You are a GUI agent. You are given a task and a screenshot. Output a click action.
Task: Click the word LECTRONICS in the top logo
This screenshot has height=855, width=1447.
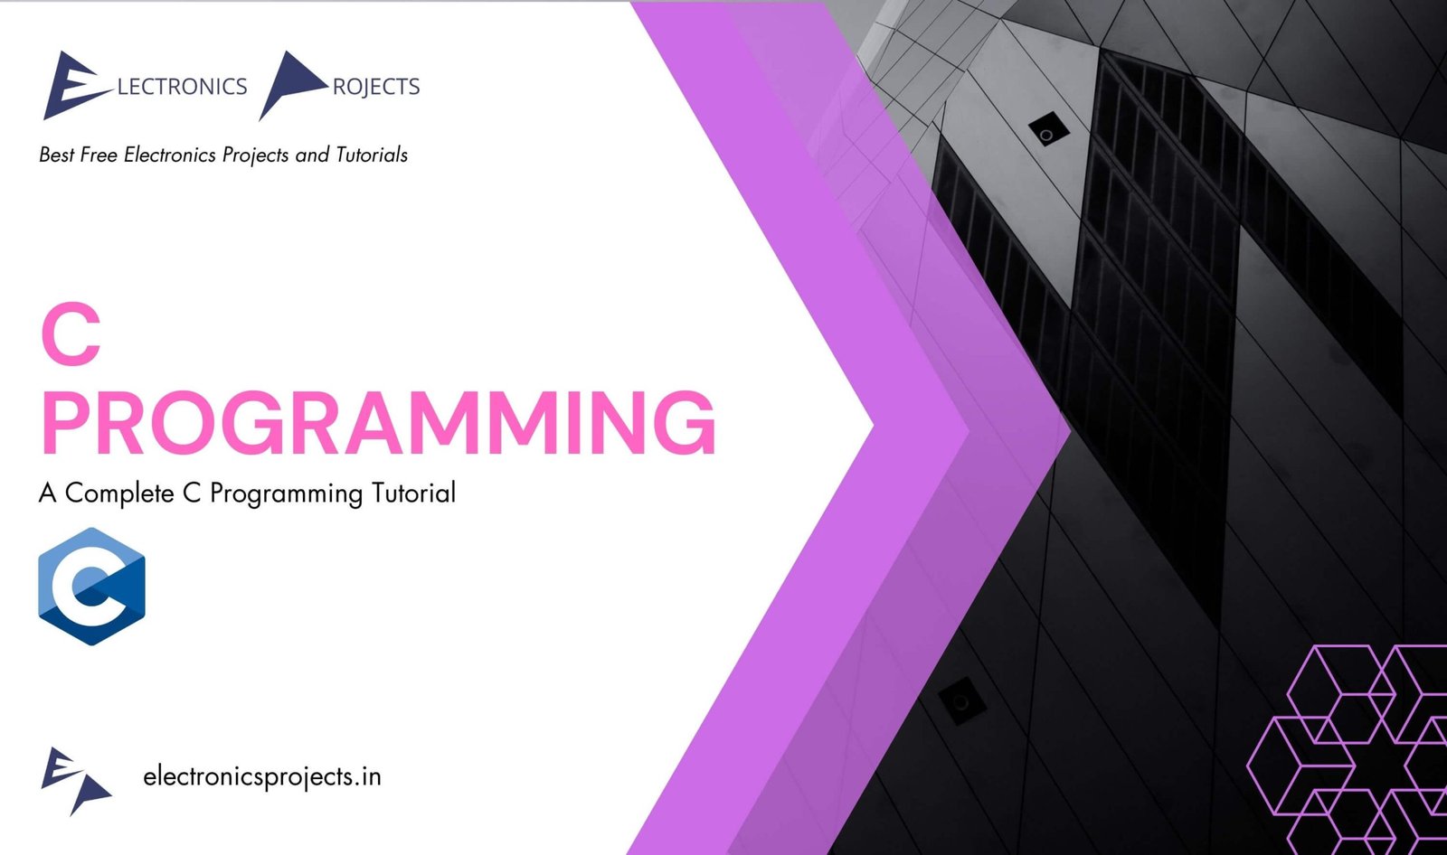click(x=182, y=87)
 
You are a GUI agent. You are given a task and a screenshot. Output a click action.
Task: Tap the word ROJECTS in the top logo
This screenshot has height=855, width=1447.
click(x=376, y=87)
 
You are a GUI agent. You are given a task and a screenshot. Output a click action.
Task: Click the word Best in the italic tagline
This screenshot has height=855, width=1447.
click(x=56, y=155)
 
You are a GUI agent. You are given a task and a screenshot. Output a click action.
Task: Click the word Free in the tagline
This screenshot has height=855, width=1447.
click(x=99, y=155)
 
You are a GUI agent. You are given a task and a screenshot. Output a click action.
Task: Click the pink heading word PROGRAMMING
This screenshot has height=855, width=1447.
click(x=378, y=423)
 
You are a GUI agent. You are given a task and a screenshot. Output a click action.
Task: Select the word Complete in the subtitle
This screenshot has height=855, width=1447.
click(x=119, y=493)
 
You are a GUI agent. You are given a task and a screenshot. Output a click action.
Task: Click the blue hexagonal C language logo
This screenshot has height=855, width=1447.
click(x=91, y=587)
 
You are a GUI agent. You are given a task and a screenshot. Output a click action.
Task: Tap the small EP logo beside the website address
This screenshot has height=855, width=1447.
click(x=75, y=779)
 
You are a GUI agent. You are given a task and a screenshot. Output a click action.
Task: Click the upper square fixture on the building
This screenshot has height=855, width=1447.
click(x=1048, y=133)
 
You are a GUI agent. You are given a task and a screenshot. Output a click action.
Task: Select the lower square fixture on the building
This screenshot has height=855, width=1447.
click(x=960, y=701)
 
